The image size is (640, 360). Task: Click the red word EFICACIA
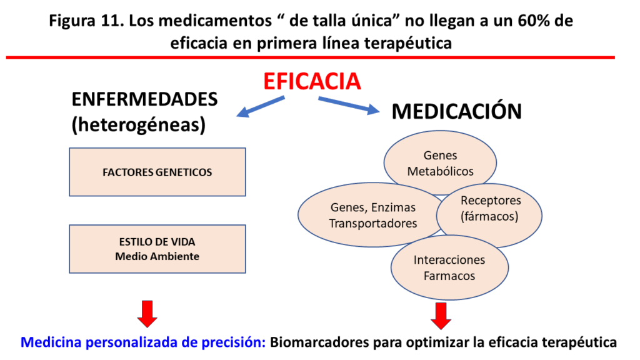pyautogui.click(x=312, y=81)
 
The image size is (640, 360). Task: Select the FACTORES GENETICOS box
pyautogui.click(x=157, y=172)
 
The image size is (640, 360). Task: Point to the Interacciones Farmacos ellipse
pyautogui.click(x=449, y=267)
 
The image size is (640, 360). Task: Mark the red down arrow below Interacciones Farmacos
pyautogui.click(x=441, y=314)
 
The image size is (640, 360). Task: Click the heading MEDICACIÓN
pyautogui.click(x=456, y=111)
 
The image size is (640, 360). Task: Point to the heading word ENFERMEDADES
pyautogui.click(x=144, y=100)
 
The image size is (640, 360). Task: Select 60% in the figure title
pyautogui.click(x=531, y=20)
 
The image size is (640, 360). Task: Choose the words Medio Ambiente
pyautogui.click(x=157, y=256)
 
